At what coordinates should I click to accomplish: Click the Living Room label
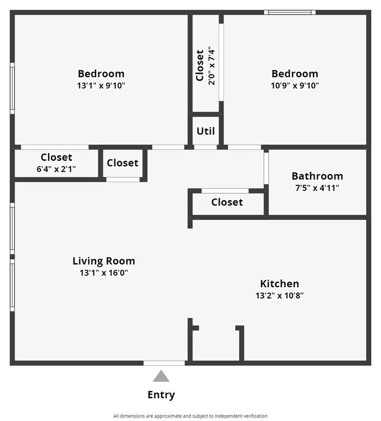[x=104, y=261]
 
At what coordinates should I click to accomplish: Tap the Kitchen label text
[x=279, y=284]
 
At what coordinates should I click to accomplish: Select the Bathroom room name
[x=317, y=176]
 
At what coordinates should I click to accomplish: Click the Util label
[x=205, y=131]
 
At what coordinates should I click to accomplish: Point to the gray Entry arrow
[x=161, y=376]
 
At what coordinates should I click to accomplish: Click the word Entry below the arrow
[x=161, y=395]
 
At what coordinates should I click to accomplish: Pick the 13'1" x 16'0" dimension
[x=104, y=273]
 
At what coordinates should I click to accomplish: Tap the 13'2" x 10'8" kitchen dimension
[x=279, y=296]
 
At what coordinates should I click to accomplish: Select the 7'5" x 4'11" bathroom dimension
[x=317, y=188]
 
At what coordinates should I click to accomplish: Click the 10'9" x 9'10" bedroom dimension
[x=294, y=85]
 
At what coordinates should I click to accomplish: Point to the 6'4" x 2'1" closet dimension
[x=56, y=169]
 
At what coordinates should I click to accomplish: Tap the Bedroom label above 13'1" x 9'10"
[x=101, y=73]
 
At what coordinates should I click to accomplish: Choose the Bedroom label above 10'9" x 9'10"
[x=294, y=73]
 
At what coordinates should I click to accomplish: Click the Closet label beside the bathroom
[x=227, y=202]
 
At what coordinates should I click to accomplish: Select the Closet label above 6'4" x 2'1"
[x=56, y=157]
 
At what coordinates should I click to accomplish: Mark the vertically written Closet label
[x=200, y=65]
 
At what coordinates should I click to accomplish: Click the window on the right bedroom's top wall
[x=289, y=12]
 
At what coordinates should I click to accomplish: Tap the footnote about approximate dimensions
[x=190, y=416]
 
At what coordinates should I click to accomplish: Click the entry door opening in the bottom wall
[x=165, y=363]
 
